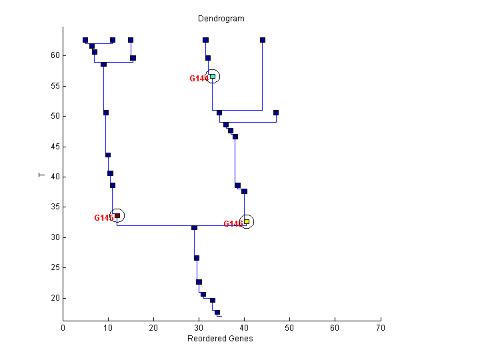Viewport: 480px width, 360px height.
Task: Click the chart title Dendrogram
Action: coord(221,18)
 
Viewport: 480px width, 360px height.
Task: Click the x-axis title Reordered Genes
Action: coord(221,339)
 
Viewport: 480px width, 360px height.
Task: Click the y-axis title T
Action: coord(42,175)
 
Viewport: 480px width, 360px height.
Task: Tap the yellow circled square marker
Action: coord(247,221)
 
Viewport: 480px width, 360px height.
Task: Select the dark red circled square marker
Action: coord(117,215)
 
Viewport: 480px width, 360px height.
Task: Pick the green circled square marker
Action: coord(213,77)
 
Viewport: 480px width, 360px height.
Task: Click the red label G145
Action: coord(103,218)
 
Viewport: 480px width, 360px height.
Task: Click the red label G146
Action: coord(233,224)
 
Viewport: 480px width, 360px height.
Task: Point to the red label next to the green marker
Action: coord(199,79)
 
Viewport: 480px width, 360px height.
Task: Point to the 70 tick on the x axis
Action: coord(380,328)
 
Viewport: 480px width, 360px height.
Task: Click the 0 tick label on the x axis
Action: coord(63,328)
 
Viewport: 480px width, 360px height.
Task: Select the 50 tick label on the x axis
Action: coord(289,328)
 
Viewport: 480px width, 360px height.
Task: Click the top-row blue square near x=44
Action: coord(263,40)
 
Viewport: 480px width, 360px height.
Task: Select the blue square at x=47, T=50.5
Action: coord(276,113)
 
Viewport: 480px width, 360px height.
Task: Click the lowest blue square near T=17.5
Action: coord(217,312)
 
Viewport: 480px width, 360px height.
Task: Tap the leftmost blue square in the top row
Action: coord(85,40)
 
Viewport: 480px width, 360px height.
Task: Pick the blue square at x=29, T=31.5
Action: coord(195,228)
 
